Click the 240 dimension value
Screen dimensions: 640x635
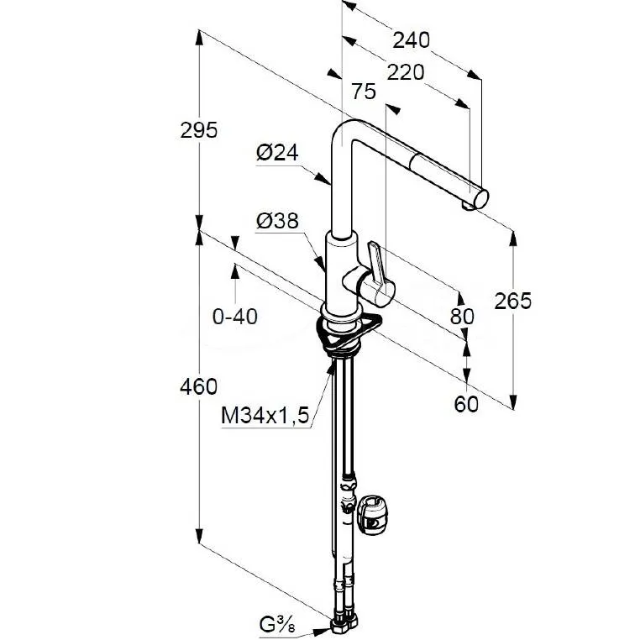[412, 39]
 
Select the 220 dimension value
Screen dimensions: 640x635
[406, 72]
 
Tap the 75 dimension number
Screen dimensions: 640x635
[364, 92]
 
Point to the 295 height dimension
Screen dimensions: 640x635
[199, 130]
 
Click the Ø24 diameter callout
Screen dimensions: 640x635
[278, 153]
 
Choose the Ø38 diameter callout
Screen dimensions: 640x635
[277, 222]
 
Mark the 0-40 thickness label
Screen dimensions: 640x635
[236, 317]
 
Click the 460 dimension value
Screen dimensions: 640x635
[199, 386]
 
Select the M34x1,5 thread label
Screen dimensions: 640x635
[266, 414]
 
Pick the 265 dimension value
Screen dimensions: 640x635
[512, 301]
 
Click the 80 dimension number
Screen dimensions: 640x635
[462, 317]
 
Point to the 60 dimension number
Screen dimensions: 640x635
[466, 404]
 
